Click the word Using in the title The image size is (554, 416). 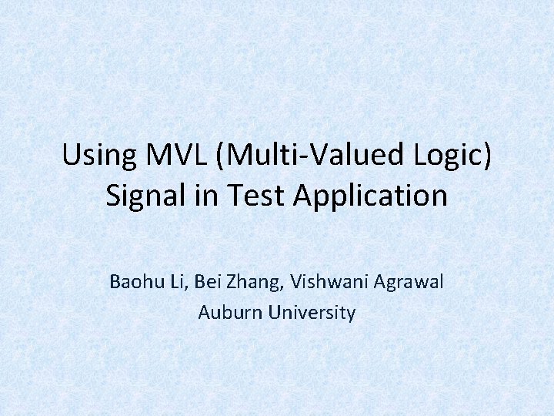(95, 156)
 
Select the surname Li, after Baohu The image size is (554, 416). (175, 282)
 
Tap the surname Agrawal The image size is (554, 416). (409, 282)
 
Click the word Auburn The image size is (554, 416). (227, 313)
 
